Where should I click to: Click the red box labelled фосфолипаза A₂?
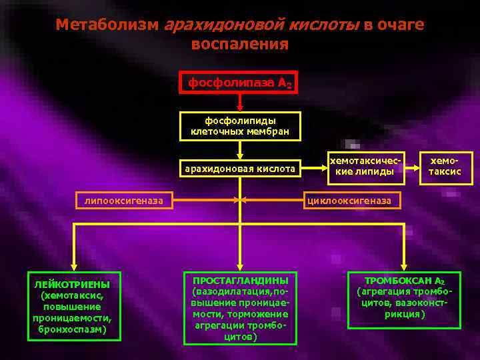tap(239, 84)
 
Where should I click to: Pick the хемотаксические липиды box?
tap(365, 166)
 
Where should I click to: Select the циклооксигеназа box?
tap(353, 200)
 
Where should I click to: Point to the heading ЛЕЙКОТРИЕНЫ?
tap(73, 285)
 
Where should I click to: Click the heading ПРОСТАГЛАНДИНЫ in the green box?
tap(240, 280)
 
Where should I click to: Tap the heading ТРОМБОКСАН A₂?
tap(404, 281)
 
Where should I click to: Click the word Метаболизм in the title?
tap(107, 25)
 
